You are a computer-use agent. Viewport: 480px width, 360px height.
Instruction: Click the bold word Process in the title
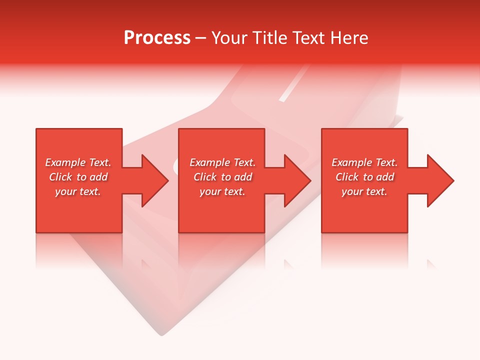[157, 38]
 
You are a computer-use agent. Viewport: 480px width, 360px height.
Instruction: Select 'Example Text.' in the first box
[78, 162]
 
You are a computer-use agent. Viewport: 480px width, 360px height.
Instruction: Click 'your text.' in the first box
[78, 191]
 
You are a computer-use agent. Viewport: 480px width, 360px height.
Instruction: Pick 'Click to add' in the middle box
[222, 177]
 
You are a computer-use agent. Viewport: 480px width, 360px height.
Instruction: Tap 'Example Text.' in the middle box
[222, 162]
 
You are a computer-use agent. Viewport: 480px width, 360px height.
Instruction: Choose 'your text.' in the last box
[364, 191]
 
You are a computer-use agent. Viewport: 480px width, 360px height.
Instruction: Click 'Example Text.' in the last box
[364, 162]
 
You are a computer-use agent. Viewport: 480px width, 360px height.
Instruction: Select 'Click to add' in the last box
[364, 177]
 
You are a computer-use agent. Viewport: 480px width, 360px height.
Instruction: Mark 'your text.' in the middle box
[222, 191]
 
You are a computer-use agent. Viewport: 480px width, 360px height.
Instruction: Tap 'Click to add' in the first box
[78, 177]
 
